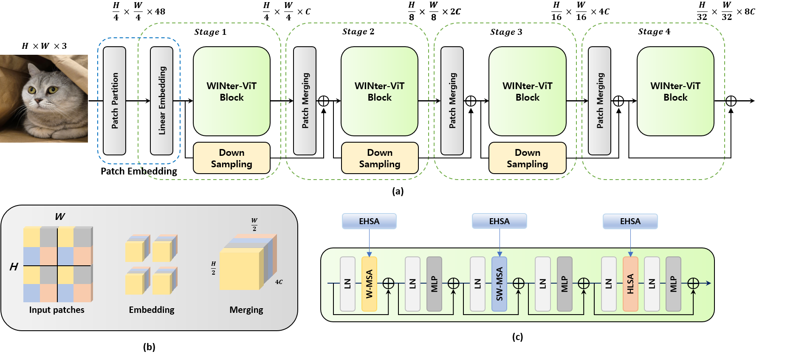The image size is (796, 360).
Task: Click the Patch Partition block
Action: pyautogui.click(x=114, y=101)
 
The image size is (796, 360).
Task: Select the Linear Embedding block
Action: pyautogui.click(x=161, y=101)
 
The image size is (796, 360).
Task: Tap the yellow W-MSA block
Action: pyautogui.click(x=369, y=284)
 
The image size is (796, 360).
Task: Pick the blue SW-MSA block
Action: pyautogui.click(x=499, y=284)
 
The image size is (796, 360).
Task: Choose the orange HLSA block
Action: pyautogui.click(x=630, y=284)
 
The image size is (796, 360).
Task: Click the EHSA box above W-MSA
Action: pyautogui.click(x=369, y=221)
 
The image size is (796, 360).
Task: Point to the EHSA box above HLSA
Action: pyautogui.click(x=630, y=221)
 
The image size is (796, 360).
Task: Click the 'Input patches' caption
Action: pyautogui.click(x=56, y=310)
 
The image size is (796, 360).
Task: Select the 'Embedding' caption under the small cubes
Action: pyautogui.click(x=152, y=310)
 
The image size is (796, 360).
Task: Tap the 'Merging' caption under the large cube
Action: pyautogui.click(x=246, y=310)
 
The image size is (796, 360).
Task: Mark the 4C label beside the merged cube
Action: pyautogui.click(x=279, y=282)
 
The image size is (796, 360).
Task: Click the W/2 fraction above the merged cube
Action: pyautogui.click(x=254, y=224)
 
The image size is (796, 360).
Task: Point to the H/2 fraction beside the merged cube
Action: pyautogui.click(x=213, y=268)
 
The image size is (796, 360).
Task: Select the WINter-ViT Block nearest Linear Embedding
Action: pyautogui.click(x=231, y=91)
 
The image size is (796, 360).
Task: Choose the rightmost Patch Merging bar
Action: pyautogui.click(x=599, y=101)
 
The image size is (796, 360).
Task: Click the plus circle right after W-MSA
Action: pyautogui.click(x=389, y=284)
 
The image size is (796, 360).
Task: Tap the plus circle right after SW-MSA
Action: pyautogui.click(x=519, y=284)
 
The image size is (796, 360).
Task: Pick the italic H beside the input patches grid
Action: pyautogui.click(x=14, y=267)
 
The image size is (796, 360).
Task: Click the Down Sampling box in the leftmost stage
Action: pyautogui.click(x=231, y=158)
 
